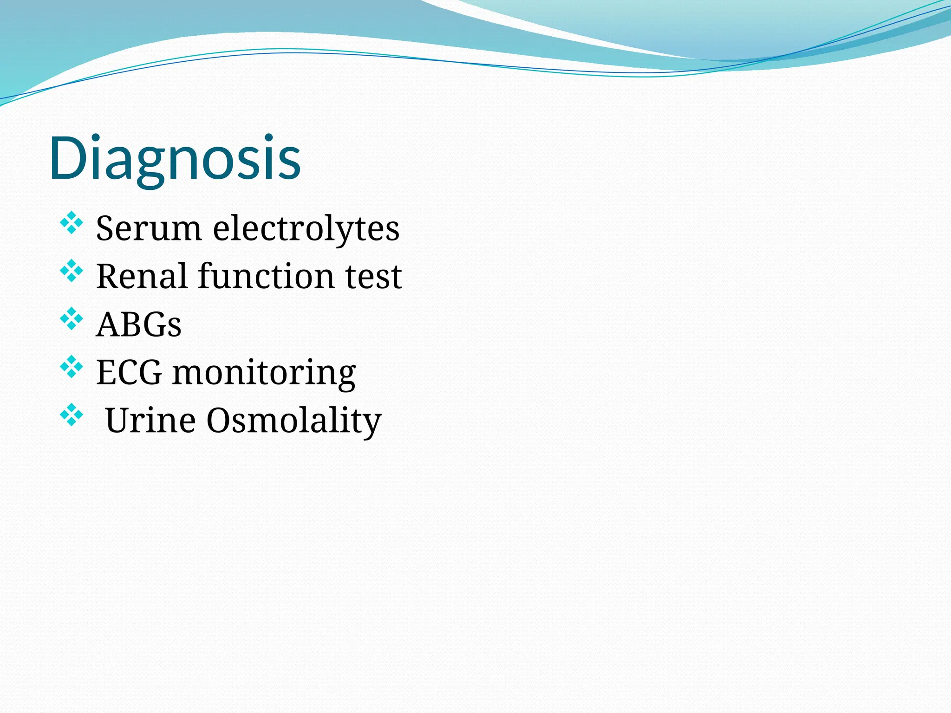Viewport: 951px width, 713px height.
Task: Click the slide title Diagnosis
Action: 175,158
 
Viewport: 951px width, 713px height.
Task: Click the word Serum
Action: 149,228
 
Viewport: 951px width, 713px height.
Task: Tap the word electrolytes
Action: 306,228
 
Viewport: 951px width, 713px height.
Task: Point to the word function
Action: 267,277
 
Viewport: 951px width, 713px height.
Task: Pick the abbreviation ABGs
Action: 138,324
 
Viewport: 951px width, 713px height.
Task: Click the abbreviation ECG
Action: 129,372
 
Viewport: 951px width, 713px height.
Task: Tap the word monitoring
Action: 264,374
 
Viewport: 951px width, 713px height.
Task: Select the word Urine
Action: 150,420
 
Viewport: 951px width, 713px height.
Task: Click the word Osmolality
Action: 293,421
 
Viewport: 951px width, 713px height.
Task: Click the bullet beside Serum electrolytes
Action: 72,222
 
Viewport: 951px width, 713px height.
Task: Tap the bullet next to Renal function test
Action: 72,271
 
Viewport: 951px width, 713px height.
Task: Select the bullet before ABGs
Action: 72,318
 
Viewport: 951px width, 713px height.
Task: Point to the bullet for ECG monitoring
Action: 72,367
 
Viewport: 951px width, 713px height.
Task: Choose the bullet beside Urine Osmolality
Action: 72,415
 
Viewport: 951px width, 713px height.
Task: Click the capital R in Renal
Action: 107,277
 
